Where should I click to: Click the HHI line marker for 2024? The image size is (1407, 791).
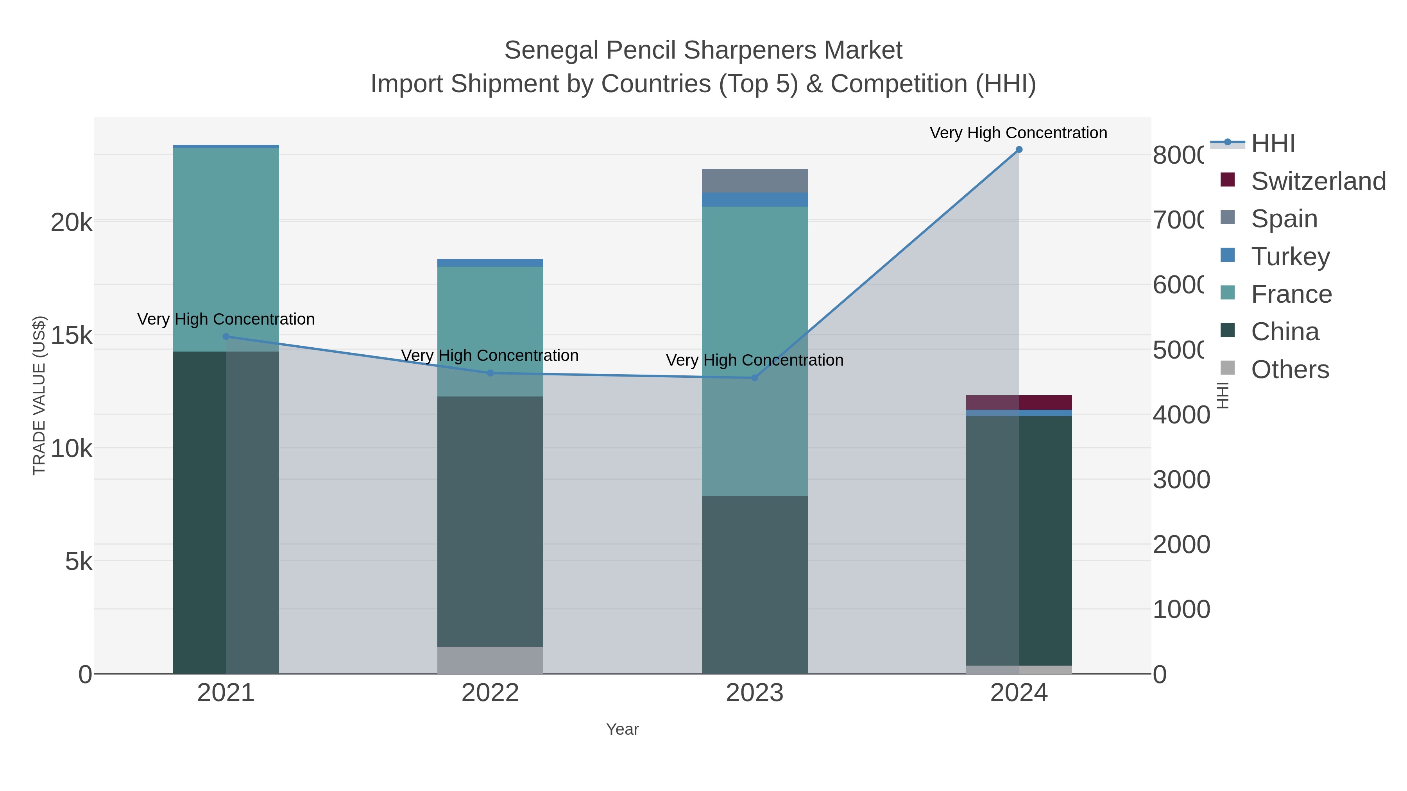(x=1019, y=150)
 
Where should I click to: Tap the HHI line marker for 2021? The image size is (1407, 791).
(x=226, y=336)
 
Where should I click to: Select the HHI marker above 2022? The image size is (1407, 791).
(x=490, y=373)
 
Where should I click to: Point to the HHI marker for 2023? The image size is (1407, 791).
(x=755, y=378)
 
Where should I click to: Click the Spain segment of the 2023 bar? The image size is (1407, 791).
(x=754, y=181)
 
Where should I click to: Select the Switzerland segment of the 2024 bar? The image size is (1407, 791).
(x=1019, y=402)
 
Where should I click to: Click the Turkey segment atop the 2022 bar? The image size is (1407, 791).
(x=490, y=263)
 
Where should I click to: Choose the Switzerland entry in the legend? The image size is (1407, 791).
(x=1317, y=181)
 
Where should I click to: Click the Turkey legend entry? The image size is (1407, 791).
(x=1290, y=257)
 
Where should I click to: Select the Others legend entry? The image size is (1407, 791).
(x=1289, y=370)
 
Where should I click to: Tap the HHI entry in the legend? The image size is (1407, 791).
(x=1272, y=144)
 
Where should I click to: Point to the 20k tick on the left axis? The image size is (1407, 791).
(x=72, y=223)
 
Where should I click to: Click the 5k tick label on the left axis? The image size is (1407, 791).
(x=79, y=561)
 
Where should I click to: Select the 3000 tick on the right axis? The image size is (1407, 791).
(x=1181, y=480)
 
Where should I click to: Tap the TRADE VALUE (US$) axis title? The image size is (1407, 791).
(x=39, y=395)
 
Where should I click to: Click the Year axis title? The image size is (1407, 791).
(x=622, y=729)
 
